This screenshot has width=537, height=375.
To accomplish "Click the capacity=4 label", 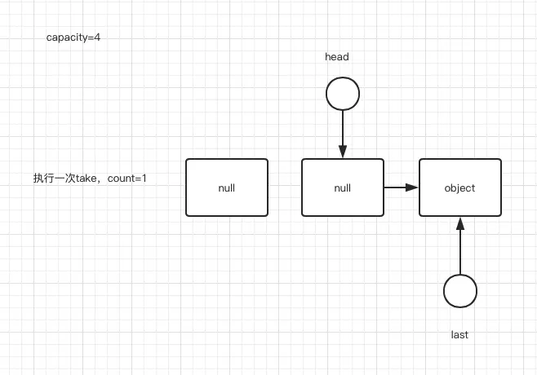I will (73, 37).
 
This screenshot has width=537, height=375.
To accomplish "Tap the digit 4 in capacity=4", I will (97, 37).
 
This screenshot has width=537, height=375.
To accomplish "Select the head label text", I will (336, 57).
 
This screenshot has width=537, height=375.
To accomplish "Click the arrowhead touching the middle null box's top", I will (342, 152).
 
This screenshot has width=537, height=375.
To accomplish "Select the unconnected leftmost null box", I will (227, 187).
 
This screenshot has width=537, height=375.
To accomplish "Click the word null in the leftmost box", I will (227, 187).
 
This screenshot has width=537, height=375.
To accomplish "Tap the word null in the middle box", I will (343, 187).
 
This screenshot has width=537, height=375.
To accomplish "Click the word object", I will (459, 187).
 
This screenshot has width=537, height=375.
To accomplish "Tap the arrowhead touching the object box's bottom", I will (459, 223).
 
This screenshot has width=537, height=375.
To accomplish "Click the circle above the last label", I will (459, 291).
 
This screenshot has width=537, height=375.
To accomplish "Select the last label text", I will (459, 335).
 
